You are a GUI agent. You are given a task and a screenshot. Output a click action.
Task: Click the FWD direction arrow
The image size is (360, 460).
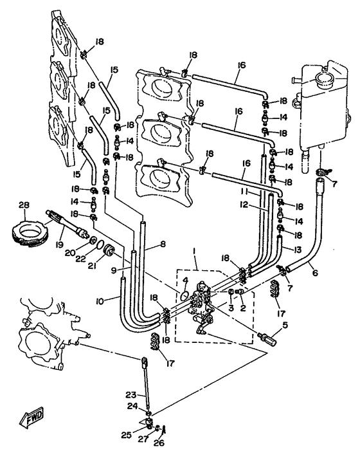(32, 416)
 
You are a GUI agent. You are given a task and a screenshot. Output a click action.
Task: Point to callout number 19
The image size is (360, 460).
(59, 244)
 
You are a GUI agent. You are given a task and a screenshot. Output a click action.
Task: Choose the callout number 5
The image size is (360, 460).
(285, 325)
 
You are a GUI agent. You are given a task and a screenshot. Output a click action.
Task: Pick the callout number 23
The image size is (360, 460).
(130, 395)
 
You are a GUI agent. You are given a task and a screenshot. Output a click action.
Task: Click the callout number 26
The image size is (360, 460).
(160, 443)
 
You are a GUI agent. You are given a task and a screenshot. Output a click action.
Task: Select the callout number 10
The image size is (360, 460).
(100, 301)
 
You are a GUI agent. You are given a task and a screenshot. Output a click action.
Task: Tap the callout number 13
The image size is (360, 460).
(297, 250)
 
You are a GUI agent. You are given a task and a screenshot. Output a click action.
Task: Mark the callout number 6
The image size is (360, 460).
(315, 273)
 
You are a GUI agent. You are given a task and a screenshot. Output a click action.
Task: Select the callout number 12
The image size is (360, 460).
(244, 205)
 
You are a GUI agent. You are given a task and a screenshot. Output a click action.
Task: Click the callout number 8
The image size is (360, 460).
(163, 244)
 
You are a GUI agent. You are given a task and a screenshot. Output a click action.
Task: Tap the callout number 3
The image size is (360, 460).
(231, 308)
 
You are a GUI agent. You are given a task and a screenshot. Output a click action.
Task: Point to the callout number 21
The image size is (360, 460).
(94, 266)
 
